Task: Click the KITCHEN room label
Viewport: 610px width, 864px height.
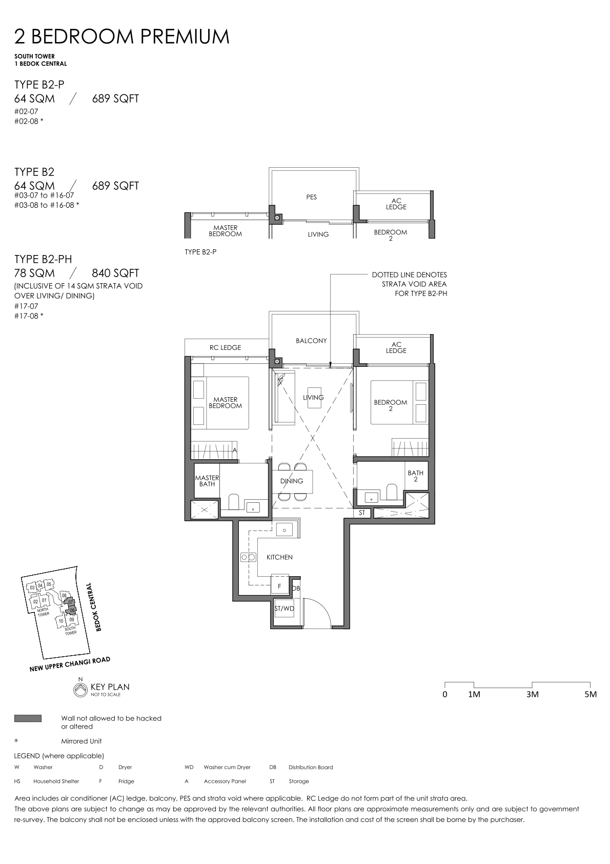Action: pyautogui.click(x=279, y=557)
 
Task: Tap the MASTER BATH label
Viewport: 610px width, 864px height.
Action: pyautogui.click(x=207, y=481)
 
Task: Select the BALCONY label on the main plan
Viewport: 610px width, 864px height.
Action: pyautogui.click(x=311, y=341)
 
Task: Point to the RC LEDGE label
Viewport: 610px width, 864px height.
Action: pyautogui.click(x=225, y=347)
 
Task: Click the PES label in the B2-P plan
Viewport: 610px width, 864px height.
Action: pyautogui.click(x=311, y=197)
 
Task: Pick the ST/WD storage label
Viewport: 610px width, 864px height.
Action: pyautogui.click(x=284, y=608)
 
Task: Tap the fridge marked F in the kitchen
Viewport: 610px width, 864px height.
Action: pyautogui.click(x=280, y=586)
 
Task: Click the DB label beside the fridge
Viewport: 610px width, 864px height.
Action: pyautogui.click(x=296, y=588)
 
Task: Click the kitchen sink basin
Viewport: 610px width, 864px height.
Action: pyautogui.click(x=284, y=531)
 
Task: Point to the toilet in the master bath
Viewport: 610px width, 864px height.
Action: pyautogui.click(x=234, y=502)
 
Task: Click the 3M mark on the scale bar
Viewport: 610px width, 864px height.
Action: pyautogui.click(x=532, y=694)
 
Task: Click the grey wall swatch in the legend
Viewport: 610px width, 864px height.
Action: pyautogui.click(x=28, y=718)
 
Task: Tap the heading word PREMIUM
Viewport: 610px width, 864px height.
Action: pyautogui.click(x=185, y=36)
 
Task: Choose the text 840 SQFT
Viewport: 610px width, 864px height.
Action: pyautogui.click(x=115, y=273)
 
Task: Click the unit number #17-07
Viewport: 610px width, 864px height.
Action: pyautogui.click(x=26, y=306)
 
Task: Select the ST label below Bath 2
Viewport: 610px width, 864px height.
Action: pyautogui.click(x=362, y=513)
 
